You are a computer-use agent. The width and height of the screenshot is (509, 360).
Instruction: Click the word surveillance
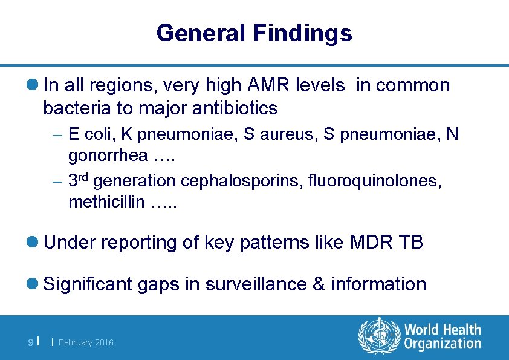[257, 284]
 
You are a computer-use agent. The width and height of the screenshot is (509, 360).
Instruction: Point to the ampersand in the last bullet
[319, 284]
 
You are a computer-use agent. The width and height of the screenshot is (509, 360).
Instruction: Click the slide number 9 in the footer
[31, 343]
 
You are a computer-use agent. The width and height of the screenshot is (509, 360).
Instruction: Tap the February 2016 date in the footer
[86, 343]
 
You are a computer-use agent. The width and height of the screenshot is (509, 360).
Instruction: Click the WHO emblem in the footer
[379, 336]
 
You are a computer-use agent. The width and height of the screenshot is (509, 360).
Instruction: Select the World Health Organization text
[443, 336]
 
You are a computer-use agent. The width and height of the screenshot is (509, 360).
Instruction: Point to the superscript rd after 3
[84, 175]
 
